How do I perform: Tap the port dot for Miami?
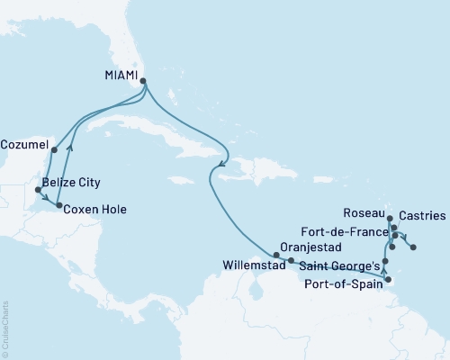[143, 80]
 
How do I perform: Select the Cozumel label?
[27, 142]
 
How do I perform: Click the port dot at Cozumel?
[55, 150]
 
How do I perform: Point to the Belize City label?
[73, 191]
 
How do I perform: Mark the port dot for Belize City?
[38, 190]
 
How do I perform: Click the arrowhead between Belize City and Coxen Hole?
[47, 200]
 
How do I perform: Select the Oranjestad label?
[310, 245]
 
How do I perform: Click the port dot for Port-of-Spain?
[388, 280]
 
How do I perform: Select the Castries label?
[420, 216]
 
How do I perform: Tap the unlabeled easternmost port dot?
[413, 246]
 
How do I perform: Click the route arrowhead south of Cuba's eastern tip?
[220, 164]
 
